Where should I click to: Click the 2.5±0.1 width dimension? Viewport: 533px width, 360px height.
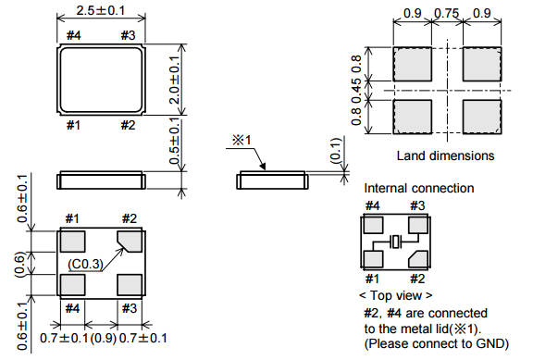101,10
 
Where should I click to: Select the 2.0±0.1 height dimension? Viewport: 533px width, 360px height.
174,80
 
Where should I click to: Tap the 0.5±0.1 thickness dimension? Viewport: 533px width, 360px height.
174,141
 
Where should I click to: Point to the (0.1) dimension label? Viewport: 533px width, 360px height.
336,150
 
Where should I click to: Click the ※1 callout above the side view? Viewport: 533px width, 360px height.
242,140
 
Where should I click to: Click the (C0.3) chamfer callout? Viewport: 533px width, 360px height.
85,264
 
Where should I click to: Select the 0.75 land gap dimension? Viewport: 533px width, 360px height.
447,13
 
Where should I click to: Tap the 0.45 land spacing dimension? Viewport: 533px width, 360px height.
356,91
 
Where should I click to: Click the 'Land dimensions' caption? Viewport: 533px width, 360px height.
445,155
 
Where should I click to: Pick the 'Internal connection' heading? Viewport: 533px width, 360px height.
419,188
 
